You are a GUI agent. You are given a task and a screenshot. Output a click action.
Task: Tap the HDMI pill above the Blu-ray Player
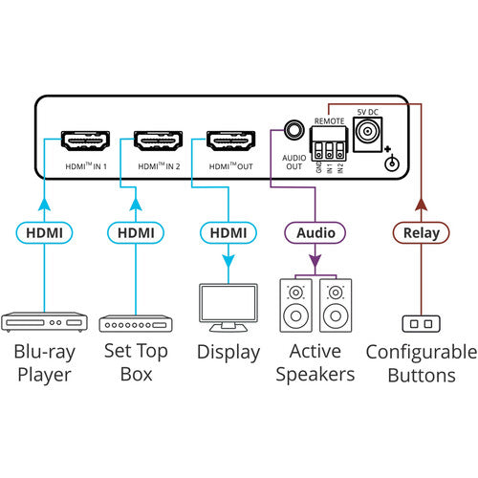(x=43, y=232)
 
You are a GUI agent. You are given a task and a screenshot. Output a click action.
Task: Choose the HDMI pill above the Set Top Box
(x=135, y=232)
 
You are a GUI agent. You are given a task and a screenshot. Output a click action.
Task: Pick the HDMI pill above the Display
(x=228, y=232)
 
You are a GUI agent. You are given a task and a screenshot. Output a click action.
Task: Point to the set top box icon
(x=135, y=323)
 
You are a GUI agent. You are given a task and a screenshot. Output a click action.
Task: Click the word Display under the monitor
(x=228, y=352)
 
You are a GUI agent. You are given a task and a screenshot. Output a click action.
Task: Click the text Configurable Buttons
(x=421, y=363)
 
